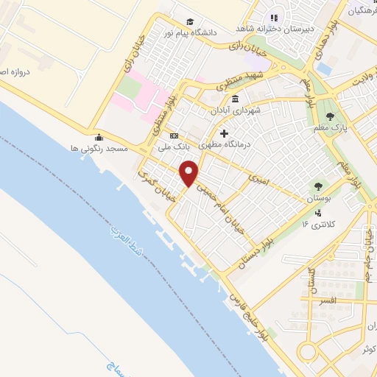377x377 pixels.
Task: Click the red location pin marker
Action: point(189,174)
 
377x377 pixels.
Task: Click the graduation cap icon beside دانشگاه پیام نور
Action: point(190,22)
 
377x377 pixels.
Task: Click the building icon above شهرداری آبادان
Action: point(234,99)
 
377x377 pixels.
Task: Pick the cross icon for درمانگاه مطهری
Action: point(224,133)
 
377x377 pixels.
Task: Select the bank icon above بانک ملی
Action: point(174,136)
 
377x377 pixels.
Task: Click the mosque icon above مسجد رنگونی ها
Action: point(99,136)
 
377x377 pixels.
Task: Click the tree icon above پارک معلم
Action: point(330,116)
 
